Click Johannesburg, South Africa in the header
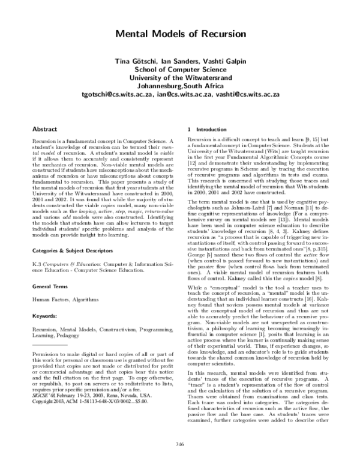[x=180, y=85]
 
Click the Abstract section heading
[x=45, y=129]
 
